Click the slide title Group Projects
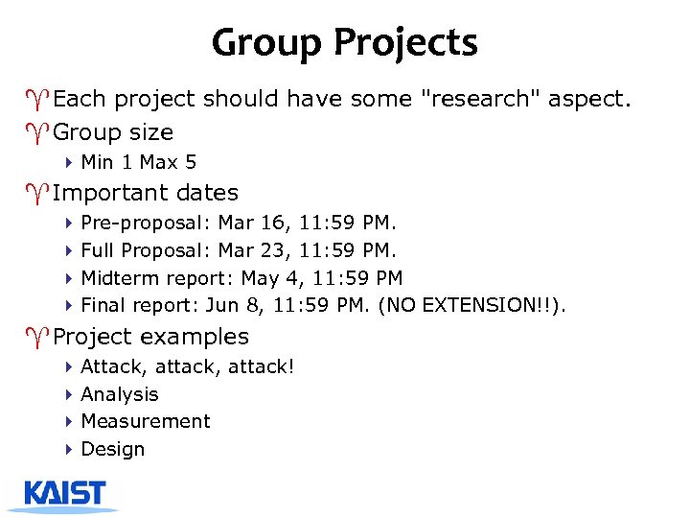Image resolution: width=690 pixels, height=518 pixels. click(x=344, y=43)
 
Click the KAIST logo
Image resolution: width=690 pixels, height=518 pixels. click(x=65, y=494)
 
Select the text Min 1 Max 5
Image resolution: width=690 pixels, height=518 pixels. click(x=138, y=162)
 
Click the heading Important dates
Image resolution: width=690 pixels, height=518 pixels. click(x=146, y=193)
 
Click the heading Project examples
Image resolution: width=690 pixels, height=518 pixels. click(x=150, y=337)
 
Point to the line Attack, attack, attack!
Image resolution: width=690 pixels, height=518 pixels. click(x=188, y=366)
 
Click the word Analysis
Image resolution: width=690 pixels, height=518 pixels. click(x=120, y=394)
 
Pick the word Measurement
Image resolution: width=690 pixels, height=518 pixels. click(x=146, y=421)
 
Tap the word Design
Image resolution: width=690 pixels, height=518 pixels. click(x=113, y=449)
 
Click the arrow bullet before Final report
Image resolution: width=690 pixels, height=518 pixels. click(x=70, y=306)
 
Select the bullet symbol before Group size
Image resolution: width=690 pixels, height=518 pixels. click(x=43, y=132)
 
